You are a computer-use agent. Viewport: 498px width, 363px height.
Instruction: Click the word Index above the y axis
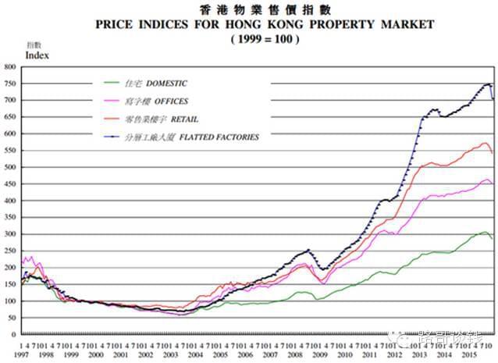(37, 55)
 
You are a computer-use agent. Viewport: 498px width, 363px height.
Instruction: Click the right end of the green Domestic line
(493, 238)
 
